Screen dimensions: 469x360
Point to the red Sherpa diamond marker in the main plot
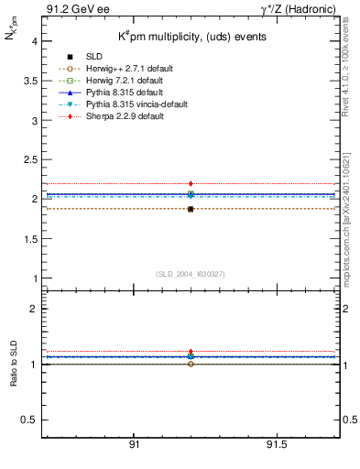point(191,184)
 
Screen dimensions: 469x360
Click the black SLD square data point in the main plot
point(191,209)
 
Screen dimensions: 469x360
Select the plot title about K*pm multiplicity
point(190,37)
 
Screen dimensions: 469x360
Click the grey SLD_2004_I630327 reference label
point(190,273)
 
